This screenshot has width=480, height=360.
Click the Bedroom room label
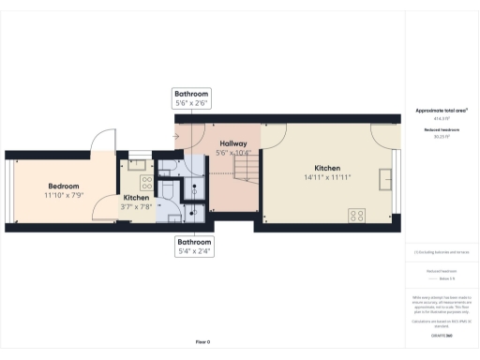click(64, 186)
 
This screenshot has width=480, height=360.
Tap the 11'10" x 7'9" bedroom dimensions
click(64, 195)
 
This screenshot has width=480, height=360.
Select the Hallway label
click(232, 143)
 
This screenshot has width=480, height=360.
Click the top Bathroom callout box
click(191, 98)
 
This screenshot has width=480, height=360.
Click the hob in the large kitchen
click(357, 216)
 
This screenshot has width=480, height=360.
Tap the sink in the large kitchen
click(386, 178)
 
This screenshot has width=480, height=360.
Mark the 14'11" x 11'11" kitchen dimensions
click(327, 177)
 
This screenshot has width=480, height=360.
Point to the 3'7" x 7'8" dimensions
click(137, 208)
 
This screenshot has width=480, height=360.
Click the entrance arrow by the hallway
click(176, 136)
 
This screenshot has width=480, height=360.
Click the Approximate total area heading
click(442, 111)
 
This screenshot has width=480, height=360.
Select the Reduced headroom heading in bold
click(442, 129)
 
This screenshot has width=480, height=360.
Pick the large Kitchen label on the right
click(327, 168)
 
